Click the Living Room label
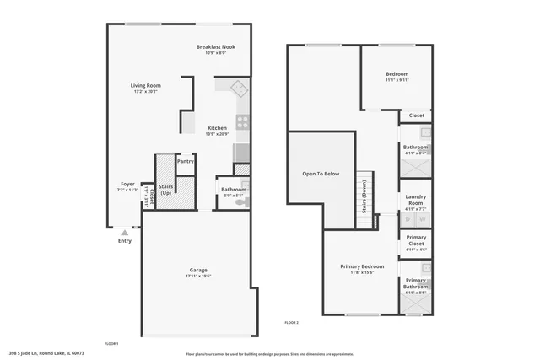click(145, 87)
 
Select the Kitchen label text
click(218, 129)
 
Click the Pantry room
click(185, 161)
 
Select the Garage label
click(197, 271)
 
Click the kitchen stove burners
click(242, 121)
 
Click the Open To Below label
click(321, 174)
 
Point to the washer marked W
click(422, 219)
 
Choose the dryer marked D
click(408, 219)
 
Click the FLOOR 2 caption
click(292, 323)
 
